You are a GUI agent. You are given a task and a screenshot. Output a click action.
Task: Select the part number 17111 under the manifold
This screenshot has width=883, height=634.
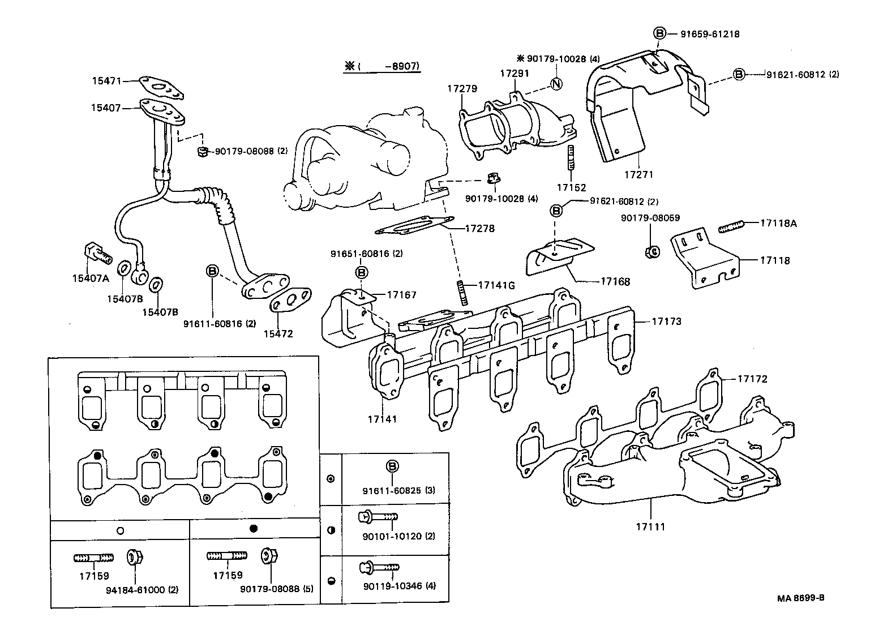pyautogui.click(x=649, y=527)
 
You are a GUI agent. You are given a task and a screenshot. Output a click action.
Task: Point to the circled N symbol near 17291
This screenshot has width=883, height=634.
pyautogui.click(x=556, y=84)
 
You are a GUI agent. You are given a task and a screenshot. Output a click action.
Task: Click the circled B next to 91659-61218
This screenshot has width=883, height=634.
pyautogui.click(x=659, y=33)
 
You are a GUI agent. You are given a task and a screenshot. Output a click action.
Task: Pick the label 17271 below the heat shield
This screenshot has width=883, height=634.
pyautogui.click(x=638, y=175)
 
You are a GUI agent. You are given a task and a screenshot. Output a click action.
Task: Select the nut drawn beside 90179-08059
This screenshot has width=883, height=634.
pyautogui.click(x=651, y=251)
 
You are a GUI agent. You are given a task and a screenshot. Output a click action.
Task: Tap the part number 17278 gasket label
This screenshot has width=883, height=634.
pyautogui.click(x=479, y=229)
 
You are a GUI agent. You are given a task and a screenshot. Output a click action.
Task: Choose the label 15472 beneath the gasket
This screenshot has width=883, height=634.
pyautogui.click(x=278, y=334)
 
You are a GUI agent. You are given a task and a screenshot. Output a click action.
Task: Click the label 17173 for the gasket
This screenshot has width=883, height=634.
pyautogui.click(x=666, y=322)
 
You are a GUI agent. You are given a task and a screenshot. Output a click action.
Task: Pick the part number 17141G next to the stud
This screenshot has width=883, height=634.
pyautogui.click(x=496, y=285)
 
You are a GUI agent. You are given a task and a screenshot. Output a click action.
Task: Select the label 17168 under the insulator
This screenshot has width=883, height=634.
pyautogui.click(x=615, y=281)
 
